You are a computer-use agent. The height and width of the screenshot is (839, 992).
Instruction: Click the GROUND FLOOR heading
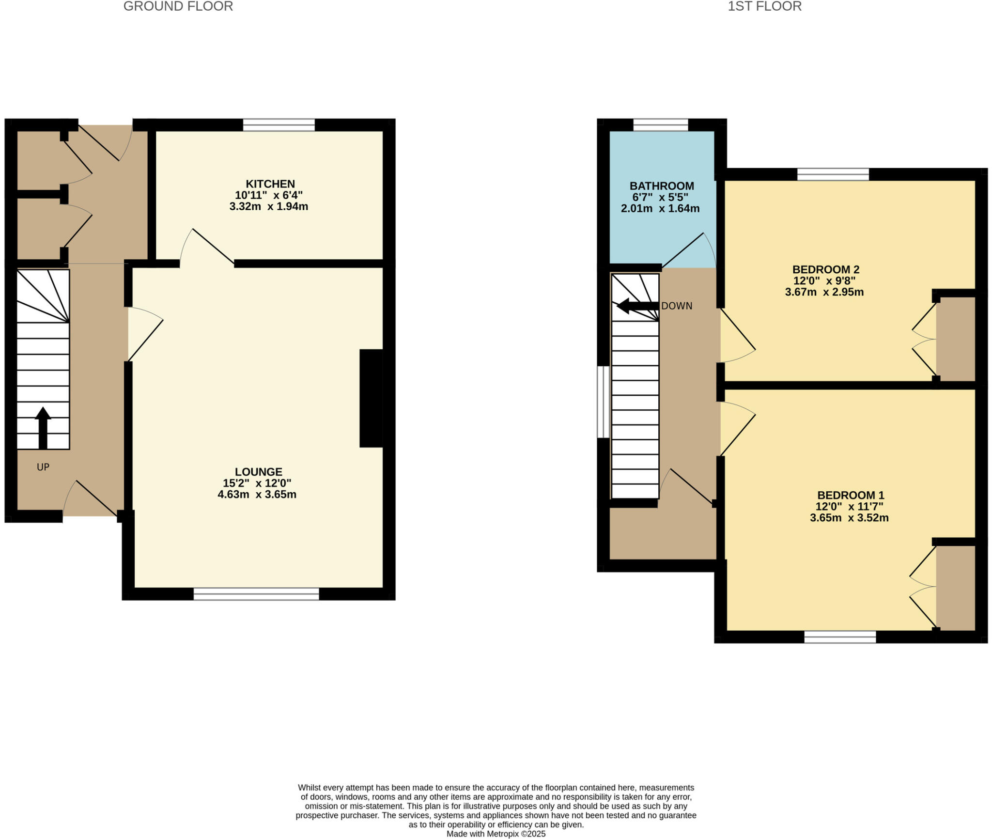tap(178, 6)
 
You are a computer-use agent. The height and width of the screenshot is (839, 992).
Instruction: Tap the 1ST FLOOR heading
tap(764, 6)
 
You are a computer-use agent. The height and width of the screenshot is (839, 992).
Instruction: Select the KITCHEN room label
tap(270, 184)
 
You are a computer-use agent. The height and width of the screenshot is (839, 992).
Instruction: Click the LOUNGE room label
tap(259, 472)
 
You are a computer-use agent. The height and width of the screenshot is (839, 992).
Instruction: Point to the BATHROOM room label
tap(662, 186)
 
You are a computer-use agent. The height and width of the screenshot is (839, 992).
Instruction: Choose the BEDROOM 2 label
tap(825, 270)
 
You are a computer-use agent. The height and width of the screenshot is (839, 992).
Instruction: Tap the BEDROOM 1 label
tap(851, 496)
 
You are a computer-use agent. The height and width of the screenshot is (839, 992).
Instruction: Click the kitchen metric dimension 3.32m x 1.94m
tap(269, 206)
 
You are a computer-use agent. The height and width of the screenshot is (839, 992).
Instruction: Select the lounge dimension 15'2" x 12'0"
tap(257, 483)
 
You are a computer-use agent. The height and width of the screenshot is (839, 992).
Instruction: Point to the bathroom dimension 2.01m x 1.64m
tap(660, 209)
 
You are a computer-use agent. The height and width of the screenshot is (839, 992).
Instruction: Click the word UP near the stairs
tap(43, 467)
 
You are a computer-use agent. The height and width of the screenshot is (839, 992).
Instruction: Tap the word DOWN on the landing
tap(677, 306)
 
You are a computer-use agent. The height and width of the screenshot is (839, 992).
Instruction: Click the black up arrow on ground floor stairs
tap(43, 428)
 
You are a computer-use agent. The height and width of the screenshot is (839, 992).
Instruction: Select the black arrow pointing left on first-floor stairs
tap(637, 306)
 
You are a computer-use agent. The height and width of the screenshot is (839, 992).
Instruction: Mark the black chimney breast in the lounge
tap(371, 398)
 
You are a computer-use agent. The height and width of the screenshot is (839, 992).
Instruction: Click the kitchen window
tap(279, 125)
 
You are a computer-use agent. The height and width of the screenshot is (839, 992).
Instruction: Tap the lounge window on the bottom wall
tap(256, 594)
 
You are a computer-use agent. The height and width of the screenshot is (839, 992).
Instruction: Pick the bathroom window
tap(661, 125)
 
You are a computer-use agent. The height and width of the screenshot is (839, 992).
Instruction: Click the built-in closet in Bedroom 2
tap(955, 339)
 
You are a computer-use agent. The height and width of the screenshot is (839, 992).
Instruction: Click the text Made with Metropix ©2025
tap(496, 834)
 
